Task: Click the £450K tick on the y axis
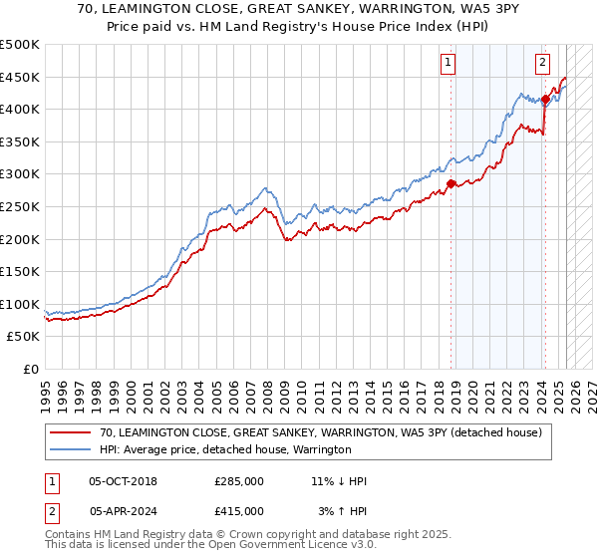pos(20,77)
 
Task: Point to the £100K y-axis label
pos(20,305)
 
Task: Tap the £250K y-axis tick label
pos(20,207)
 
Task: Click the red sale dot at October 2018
pos(450,183)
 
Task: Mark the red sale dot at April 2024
pos(545,99)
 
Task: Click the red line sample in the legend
pos(71,433)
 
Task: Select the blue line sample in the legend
pos(71,450)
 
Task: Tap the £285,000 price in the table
pos(239,481)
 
